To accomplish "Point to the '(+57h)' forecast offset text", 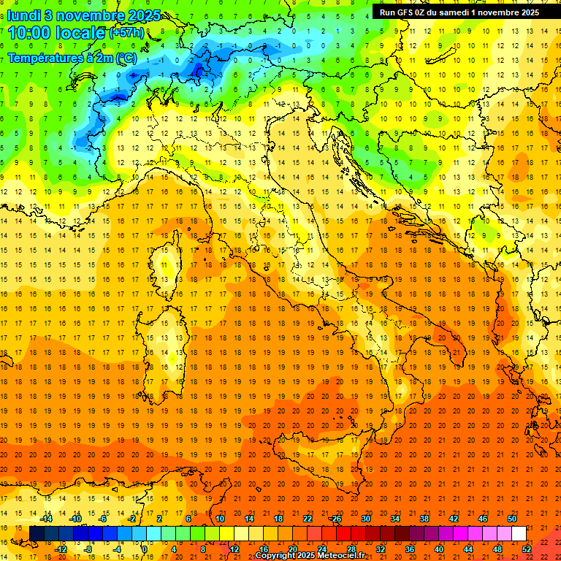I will click(127, 33).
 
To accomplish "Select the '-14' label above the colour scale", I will click(46, 519).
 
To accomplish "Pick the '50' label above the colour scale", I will click(512, 519).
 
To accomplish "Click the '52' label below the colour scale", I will click(527, 549).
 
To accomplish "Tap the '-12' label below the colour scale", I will click(61, 549).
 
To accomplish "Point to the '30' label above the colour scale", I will click(365, 519).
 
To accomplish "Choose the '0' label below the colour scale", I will click(145, 549).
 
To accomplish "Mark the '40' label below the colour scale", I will click(439, 549).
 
